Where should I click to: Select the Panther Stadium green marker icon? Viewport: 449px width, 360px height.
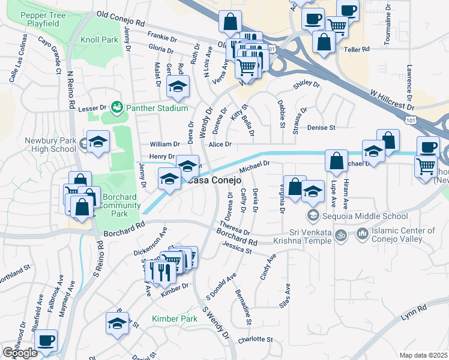pos(117,107)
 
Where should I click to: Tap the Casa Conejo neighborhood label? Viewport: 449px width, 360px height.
pos(213,179)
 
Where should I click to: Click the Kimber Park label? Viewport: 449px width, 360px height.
pos(174,319)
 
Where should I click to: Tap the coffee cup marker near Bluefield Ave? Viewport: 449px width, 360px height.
pos(46,341)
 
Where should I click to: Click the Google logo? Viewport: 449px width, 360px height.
pos(20,353)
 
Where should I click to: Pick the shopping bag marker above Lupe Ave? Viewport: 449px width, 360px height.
pos(336,161)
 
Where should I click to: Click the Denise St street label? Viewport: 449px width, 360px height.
pos(321,128)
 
